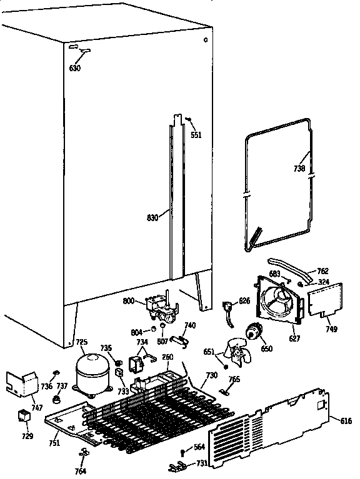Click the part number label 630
(75, 68)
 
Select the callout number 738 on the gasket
(299, 168)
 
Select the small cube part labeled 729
(24, 417)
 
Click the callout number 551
(196, 134)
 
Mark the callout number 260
(167, 357)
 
